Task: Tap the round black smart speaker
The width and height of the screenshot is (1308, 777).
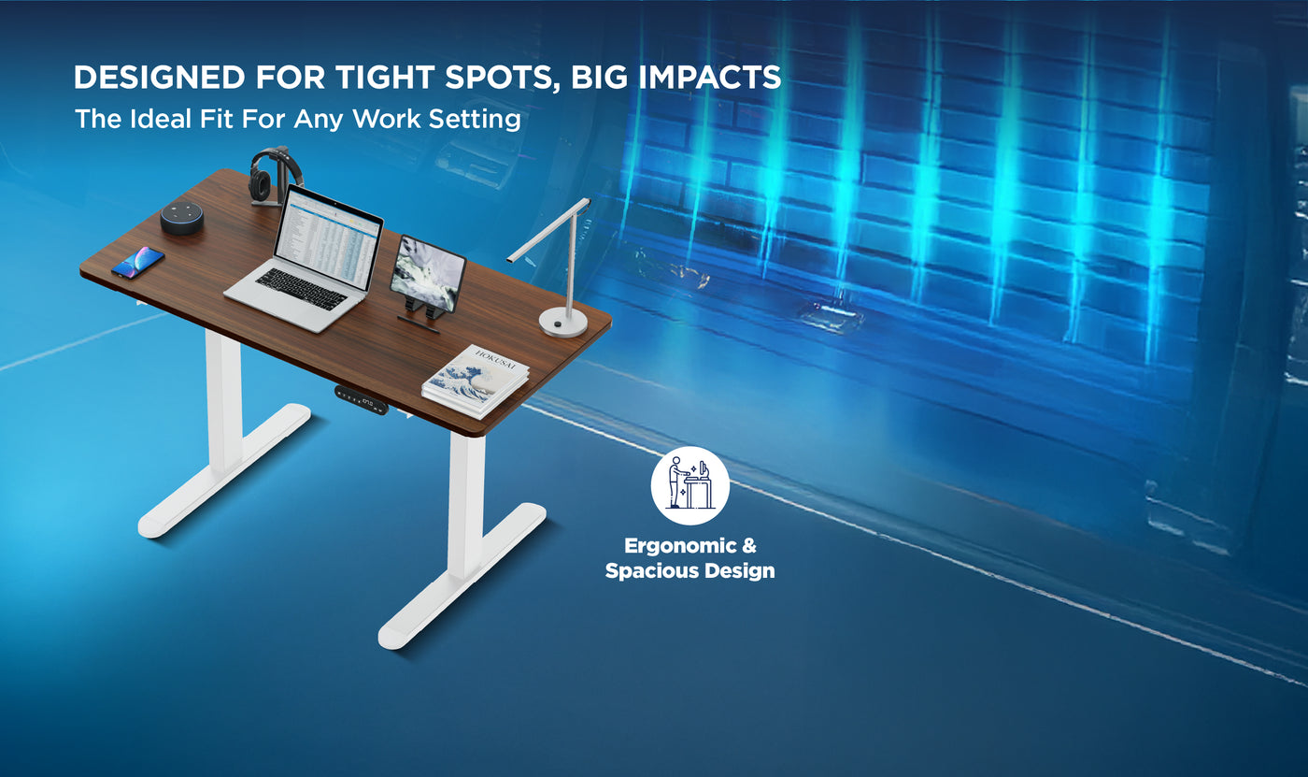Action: [x=181, y=217]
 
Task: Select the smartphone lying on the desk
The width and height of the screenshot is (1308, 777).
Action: [x=137, y=262]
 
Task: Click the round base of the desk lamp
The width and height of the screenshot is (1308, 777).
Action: [x=562, y=323]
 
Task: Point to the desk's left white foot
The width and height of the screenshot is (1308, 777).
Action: [x=225, y=473]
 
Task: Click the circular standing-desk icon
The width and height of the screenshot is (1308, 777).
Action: [x=690, y=485]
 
